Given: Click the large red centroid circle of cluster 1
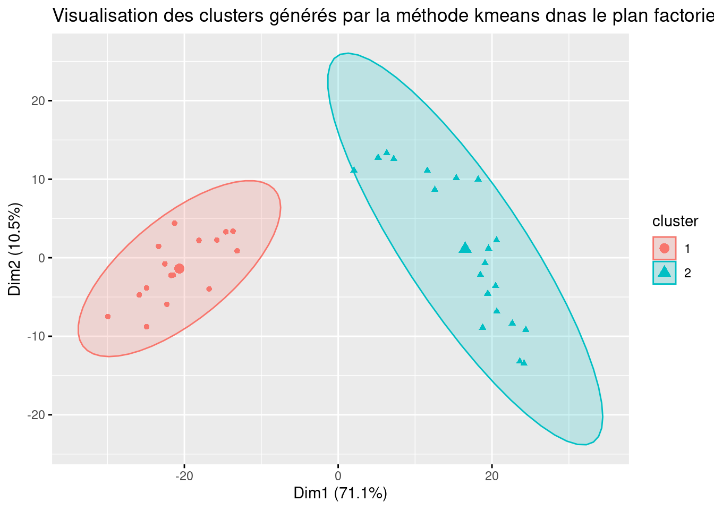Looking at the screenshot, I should [x=179, y=269].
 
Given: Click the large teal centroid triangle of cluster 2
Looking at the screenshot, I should [x=465, y=248].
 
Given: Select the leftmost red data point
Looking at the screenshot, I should [x=108, y=317].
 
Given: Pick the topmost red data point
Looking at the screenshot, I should [x=174, y=223].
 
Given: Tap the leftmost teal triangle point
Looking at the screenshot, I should [x=354, y=170].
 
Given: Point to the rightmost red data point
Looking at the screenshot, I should [x=237, y=251].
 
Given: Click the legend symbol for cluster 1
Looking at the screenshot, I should [x=664, y=248].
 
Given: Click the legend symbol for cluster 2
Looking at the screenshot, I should [x=664, y=273].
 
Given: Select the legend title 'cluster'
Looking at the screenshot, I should [x=675, y=221].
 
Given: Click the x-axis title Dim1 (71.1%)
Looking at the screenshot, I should [x=340, y=494].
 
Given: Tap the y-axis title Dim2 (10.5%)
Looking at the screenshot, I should [x=14, y=249].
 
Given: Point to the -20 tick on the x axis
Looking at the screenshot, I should [x=184, y=475].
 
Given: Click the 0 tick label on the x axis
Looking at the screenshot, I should [x=338, y=475].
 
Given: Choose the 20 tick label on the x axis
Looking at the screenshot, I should [x=492, y=475].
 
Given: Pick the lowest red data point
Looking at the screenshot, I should [x=147, y=327].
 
